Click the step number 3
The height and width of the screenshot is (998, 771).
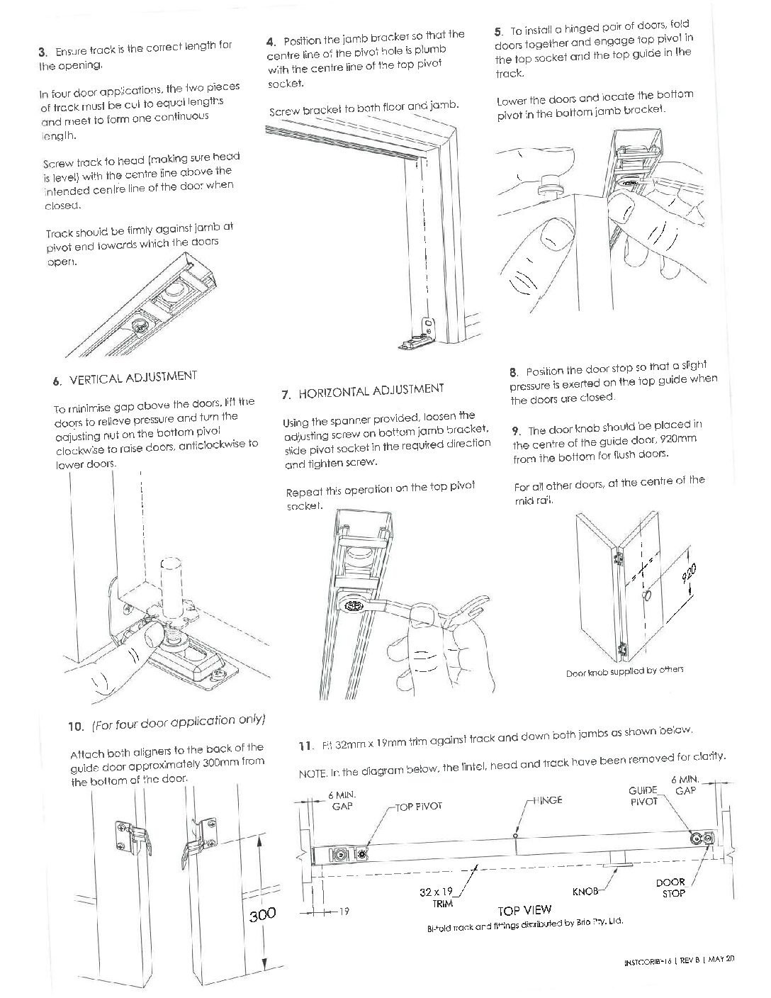pos(42,51)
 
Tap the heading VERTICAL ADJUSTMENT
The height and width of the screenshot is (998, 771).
pos(133,378)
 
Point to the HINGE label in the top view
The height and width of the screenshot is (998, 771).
pos(546,800)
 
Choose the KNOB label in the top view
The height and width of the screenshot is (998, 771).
pos(585,890)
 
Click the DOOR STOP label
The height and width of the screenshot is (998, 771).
pos(672,888)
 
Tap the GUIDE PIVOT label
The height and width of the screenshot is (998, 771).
pos(643,795)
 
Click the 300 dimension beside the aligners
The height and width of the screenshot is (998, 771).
pos(262,914)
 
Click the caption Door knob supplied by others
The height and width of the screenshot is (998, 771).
pos(624,671)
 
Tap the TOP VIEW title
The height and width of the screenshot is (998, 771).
pos(524,910)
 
